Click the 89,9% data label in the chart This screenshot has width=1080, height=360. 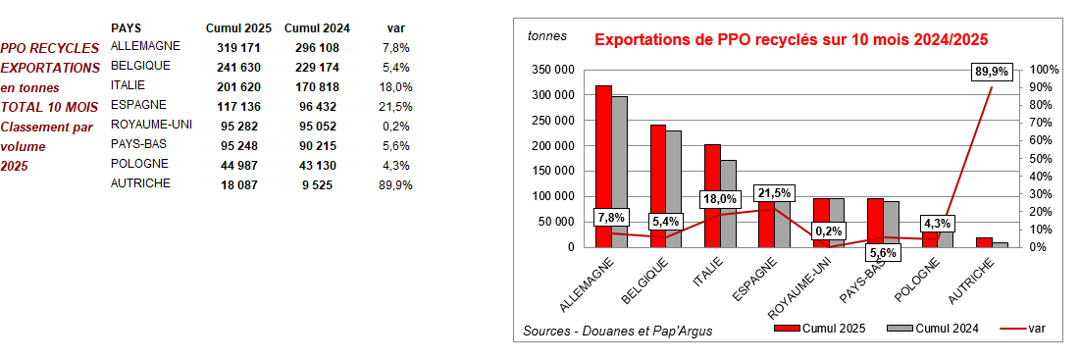992,72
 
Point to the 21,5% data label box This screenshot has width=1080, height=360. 774,193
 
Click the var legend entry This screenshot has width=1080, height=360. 1031,329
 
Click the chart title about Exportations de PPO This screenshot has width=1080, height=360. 791,40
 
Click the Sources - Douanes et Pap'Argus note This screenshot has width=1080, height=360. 618,331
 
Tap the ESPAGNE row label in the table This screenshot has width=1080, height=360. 138,105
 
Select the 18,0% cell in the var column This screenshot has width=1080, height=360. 394,86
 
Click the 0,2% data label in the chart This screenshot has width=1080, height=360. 829,231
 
